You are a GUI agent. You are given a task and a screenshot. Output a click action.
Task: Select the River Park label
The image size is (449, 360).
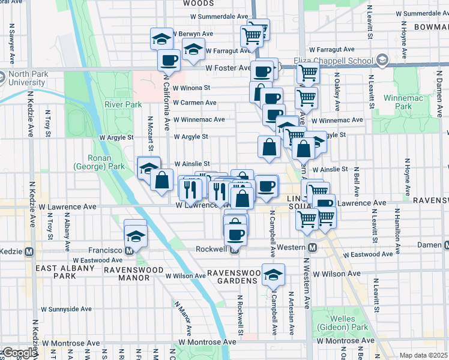click(122, 104)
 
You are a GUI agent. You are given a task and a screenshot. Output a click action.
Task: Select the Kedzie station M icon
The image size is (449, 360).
click(28, 250)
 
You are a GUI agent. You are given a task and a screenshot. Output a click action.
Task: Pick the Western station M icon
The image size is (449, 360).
click(312, 248)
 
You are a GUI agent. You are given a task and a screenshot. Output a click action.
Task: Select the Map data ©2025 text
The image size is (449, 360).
click(423, 355)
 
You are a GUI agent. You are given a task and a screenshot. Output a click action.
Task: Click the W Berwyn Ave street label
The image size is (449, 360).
click(194, 34)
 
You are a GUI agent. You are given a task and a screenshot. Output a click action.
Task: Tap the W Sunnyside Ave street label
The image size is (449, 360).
click(65, 309)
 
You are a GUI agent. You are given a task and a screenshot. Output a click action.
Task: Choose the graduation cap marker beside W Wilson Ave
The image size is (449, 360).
click(274, 275)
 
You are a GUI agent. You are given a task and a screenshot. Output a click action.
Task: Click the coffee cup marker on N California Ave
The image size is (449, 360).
click(169, 61)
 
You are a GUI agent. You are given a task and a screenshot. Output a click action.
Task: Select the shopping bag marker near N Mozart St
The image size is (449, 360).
click(161, 179)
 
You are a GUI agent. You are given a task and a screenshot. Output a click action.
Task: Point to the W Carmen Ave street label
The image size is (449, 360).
click(194, 103)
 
